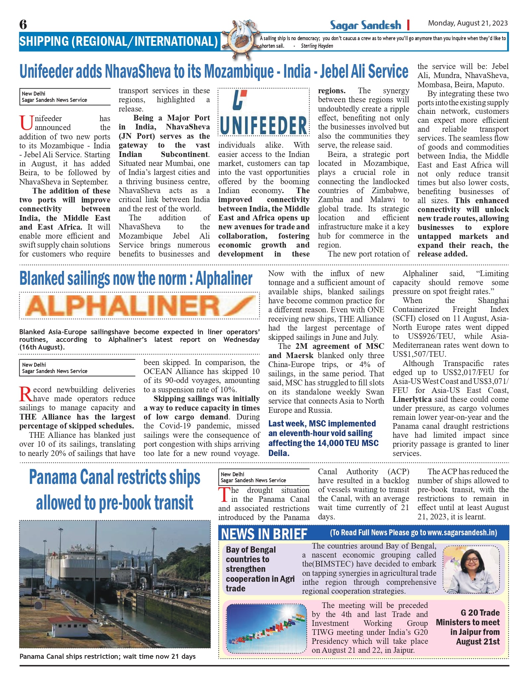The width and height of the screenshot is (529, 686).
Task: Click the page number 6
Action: pos(23,25)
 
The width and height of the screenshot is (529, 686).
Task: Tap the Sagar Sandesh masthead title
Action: pos(365,25)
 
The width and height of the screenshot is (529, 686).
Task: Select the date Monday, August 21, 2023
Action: pos(468,23)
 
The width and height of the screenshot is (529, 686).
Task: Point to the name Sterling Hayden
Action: pos(317,46)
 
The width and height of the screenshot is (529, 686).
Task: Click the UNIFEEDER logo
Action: pos(264,112)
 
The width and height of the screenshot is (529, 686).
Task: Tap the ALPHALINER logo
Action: pos(139,306)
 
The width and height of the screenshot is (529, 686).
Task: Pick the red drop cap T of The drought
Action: pos(224,495)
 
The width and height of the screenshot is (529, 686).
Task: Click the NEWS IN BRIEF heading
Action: pos(264,534)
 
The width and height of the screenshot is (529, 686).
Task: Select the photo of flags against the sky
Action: pos(267,629)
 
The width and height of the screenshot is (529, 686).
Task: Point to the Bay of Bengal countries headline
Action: pos(260,569)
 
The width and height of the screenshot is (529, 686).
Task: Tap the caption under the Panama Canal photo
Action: pos(107,656)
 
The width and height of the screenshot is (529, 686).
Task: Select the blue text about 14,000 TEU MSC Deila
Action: pos(323,438)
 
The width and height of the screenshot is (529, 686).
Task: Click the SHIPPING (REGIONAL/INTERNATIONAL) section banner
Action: pos(118,41)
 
